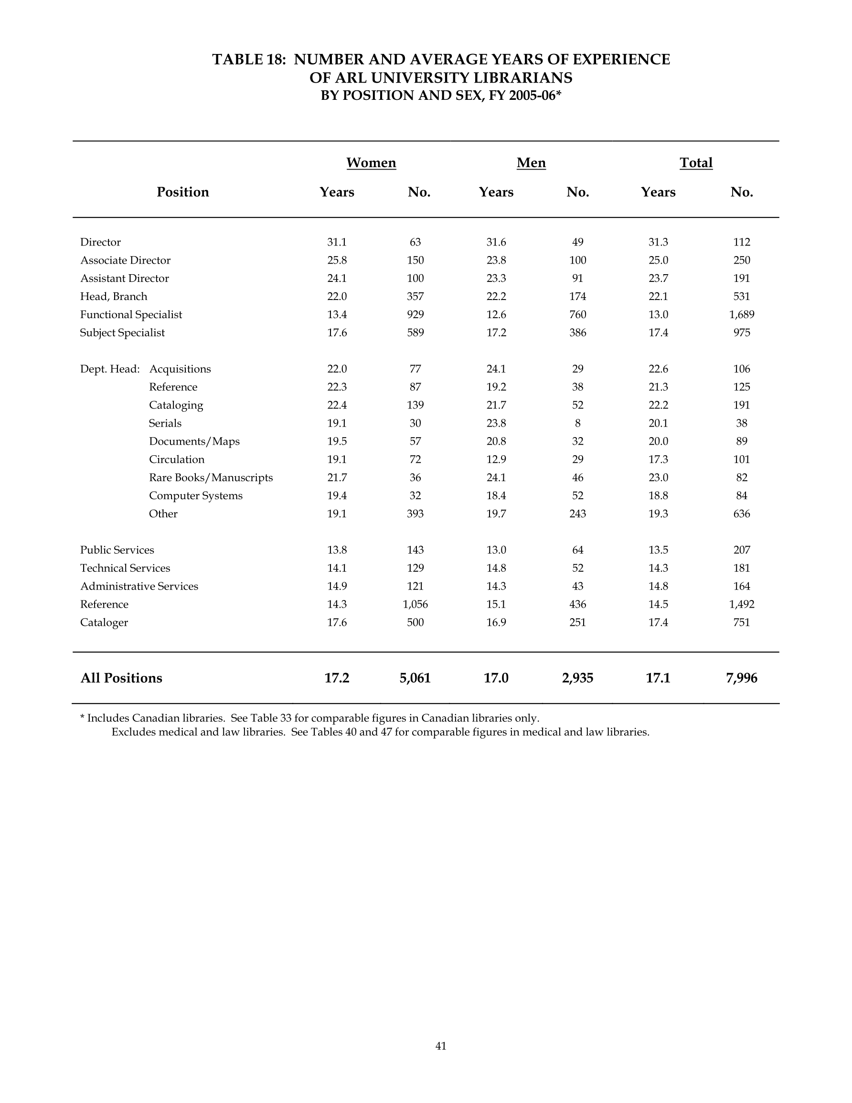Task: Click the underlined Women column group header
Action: click(x=371, y=162)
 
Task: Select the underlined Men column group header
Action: click(x=531, y=162)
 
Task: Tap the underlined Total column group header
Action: click(x=695, y=162)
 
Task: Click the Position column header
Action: click(x=182, y=192)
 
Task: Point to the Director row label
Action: click(x=100, y=242)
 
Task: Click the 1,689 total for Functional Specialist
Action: click(x=741, y=315)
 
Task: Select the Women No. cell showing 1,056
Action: click(x=415, y=604)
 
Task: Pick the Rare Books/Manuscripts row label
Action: click(x=211, y=477)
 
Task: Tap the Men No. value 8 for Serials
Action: click(x=577, y=423)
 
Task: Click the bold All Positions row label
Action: click(x=121, y=678)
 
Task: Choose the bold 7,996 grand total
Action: click(x=741, y=678)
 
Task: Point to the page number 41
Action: click(x=440, y=1046)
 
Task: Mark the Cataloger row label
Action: click(x=104, y=622)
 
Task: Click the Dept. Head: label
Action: click(x=109, y=369)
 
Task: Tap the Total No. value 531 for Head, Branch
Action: click(x=741, y=297)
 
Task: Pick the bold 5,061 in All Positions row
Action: click(x=415, y=678)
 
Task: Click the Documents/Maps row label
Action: click(x=194, y=441)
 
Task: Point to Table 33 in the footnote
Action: click(x=269, y=717)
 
